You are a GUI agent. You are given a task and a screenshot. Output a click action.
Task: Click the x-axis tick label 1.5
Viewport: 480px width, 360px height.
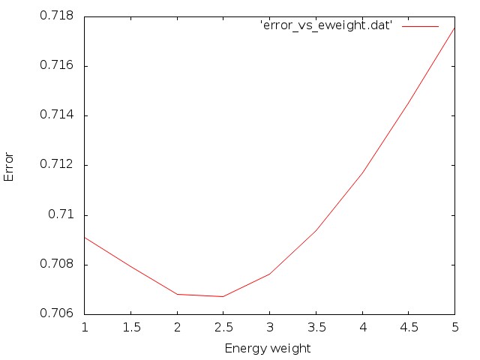click(130, 328)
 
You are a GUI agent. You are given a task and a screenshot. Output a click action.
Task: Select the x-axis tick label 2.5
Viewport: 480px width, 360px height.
click(223, 328)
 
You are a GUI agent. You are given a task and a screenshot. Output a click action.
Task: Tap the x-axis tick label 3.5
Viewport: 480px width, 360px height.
click(316, 328)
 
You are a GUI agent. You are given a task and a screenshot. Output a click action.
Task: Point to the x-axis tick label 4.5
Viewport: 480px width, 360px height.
click(408, 328)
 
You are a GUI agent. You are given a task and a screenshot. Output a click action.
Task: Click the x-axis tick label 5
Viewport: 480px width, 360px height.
click(454, 328)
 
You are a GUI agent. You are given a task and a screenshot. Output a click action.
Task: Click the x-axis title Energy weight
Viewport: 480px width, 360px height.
click(268, 349)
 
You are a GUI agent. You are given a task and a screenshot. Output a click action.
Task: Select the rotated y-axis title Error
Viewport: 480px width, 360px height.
click(10, 165)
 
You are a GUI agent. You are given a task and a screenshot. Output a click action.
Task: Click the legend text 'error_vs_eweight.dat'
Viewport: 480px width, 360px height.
click(326, 26)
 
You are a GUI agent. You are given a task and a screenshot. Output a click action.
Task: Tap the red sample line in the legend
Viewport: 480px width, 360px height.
click(420, 26)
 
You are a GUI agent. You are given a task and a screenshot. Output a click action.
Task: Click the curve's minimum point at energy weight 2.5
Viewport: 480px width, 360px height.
click(223, 296)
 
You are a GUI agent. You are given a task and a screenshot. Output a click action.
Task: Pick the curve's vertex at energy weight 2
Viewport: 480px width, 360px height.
click(177, 294)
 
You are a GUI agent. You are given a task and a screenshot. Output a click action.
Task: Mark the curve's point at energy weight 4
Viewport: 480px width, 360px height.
click(362, 173)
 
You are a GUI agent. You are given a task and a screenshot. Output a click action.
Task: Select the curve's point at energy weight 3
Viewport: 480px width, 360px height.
click(269, 274)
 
